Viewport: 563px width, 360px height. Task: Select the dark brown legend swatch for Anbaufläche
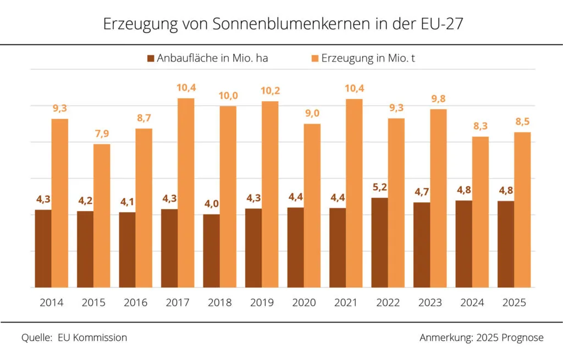(150, 58)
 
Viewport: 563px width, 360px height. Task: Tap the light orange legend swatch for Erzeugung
(314, 58)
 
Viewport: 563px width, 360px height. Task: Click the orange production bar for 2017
(186, 192)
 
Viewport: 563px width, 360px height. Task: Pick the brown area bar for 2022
(380, 242)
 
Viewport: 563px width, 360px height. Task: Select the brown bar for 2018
(211, 251)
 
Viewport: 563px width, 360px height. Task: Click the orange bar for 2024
(480, 212)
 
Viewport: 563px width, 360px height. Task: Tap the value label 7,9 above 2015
(102, 135)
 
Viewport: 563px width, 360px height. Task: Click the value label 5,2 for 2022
(380, 188)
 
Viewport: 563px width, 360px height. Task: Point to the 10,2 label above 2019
(270, 91)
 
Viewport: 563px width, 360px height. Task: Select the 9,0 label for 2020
(312, 114)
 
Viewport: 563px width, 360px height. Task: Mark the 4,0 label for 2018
(212, 204)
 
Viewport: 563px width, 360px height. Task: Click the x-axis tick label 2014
(51, 303)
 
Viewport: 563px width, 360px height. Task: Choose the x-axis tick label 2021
(346, 303)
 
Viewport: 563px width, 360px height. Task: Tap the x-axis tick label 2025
(514, 303)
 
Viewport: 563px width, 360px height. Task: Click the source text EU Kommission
(92, 337)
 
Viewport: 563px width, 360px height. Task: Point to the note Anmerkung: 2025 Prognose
(481, 337)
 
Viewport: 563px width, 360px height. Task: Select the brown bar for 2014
(43, 248)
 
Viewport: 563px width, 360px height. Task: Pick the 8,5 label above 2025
(522, 122)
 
